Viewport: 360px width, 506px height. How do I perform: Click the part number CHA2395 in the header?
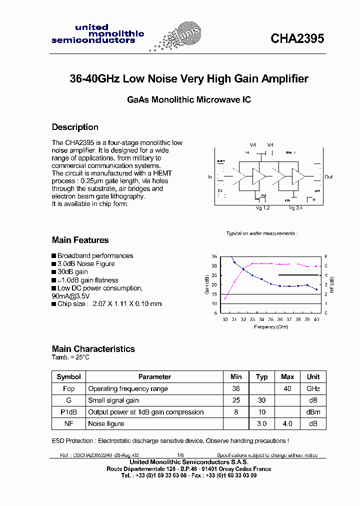pyautogui.click(x=297, y=38)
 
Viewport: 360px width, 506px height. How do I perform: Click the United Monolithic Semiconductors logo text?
pyautogui.click(x=97, y=34)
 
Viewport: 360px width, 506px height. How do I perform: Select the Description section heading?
pyautogui.click(x=75, y=127)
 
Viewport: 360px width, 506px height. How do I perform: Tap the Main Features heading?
pyautogui.click(x=80, y=240)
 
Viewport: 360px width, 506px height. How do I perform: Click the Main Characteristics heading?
pyautogui.click(x=93, y=349)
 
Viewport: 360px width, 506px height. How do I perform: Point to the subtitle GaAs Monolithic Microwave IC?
pyautogui.click(x=188, y=99)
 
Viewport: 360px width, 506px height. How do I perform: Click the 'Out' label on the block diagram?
pyautogui.click(x=328, y=177)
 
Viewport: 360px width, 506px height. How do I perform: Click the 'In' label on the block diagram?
pyautogui.click(x=210, y=177)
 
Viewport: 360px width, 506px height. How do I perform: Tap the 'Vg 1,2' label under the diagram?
pyautogui.click(x=262, y=207)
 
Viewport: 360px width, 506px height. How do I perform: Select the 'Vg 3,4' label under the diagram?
pyautogui.click(x=295, y=207)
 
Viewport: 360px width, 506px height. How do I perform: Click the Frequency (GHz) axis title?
pyautogui.click(x=270, y=326)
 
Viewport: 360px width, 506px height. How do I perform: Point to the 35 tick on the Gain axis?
pyautogui.click(x=214, y=256)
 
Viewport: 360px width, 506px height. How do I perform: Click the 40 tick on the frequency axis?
pyautogui.click(x=316, y=319)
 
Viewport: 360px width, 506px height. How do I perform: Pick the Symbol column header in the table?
pyautogui.click(x=68, y=377)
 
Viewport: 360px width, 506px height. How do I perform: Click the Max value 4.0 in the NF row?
pyautogui.click(x=287, y=424)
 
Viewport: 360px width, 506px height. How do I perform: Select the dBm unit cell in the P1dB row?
pyautogui.click(x=313, y=412)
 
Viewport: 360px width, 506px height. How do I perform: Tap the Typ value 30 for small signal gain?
pyautogui.click(x=261, y=400)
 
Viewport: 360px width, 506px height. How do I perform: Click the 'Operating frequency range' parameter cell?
pyautogui.click(x=128, y=389)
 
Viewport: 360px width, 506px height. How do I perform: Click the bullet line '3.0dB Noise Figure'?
pyautogui.click(x=85, y=264)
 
